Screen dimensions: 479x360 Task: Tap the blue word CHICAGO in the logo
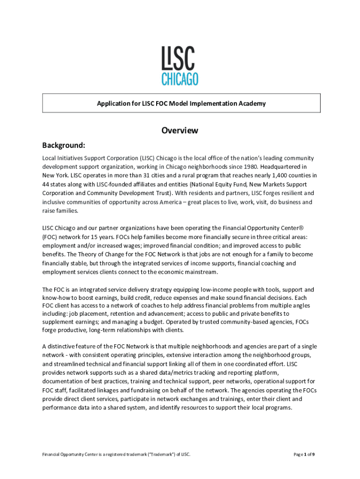(x=180, y=79)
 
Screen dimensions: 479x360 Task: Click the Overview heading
(x=180, y=131)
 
